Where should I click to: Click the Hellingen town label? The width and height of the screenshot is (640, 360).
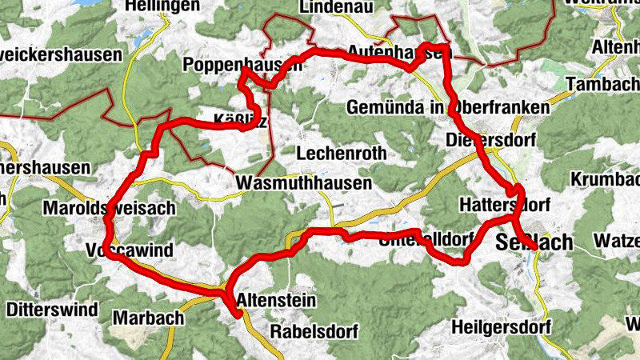pos(162,6)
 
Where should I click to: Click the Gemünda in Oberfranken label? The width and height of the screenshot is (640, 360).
pos(449,107)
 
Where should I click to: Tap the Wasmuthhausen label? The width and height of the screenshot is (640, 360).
pos(304,183)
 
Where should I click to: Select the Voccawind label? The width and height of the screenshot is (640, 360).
pos(128,251)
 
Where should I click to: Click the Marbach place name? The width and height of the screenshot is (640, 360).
pos(148,318)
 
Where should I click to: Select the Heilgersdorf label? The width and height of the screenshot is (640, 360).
pos(502,327)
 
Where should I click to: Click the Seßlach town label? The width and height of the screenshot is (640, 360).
pos(534,242)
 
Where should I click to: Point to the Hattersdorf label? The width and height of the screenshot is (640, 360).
pos(502,206)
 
